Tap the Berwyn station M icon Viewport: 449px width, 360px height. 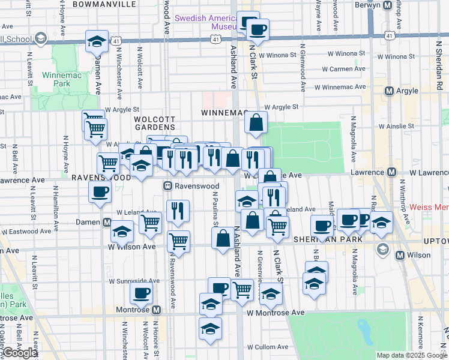click(388, 5)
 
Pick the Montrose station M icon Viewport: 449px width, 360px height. click(156, 310)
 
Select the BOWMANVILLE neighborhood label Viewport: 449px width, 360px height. click(104, 4)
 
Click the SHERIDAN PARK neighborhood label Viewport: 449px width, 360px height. click(328, 239)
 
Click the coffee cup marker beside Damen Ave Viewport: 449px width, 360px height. click(100, 191)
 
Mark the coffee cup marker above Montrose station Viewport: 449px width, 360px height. click(142, 292)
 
